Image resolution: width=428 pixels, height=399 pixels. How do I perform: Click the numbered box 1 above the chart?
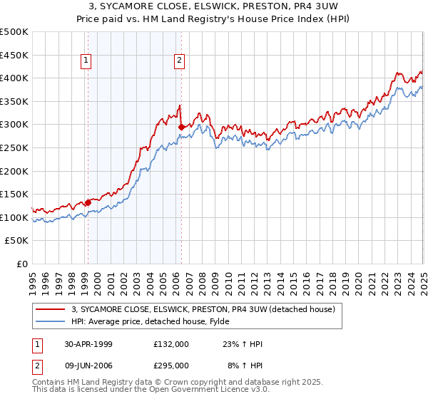coord(86,61)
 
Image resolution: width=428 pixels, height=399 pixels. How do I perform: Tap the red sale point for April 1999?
coord(88,202)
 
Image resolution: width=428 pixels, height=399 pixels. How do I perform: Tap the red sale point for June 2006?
coord(181,128)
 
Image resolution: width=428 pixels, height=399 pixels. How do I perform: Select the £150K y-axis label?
coord(14,194)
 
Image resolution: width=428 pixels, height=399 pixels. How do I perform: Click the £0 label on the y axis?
coord(22,264)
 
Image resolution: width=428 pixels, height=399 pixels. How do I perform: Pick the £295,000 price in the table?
coord(171,366)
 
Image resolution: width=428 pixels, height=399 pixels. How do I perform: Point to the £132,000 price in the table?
coord(171,344)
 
